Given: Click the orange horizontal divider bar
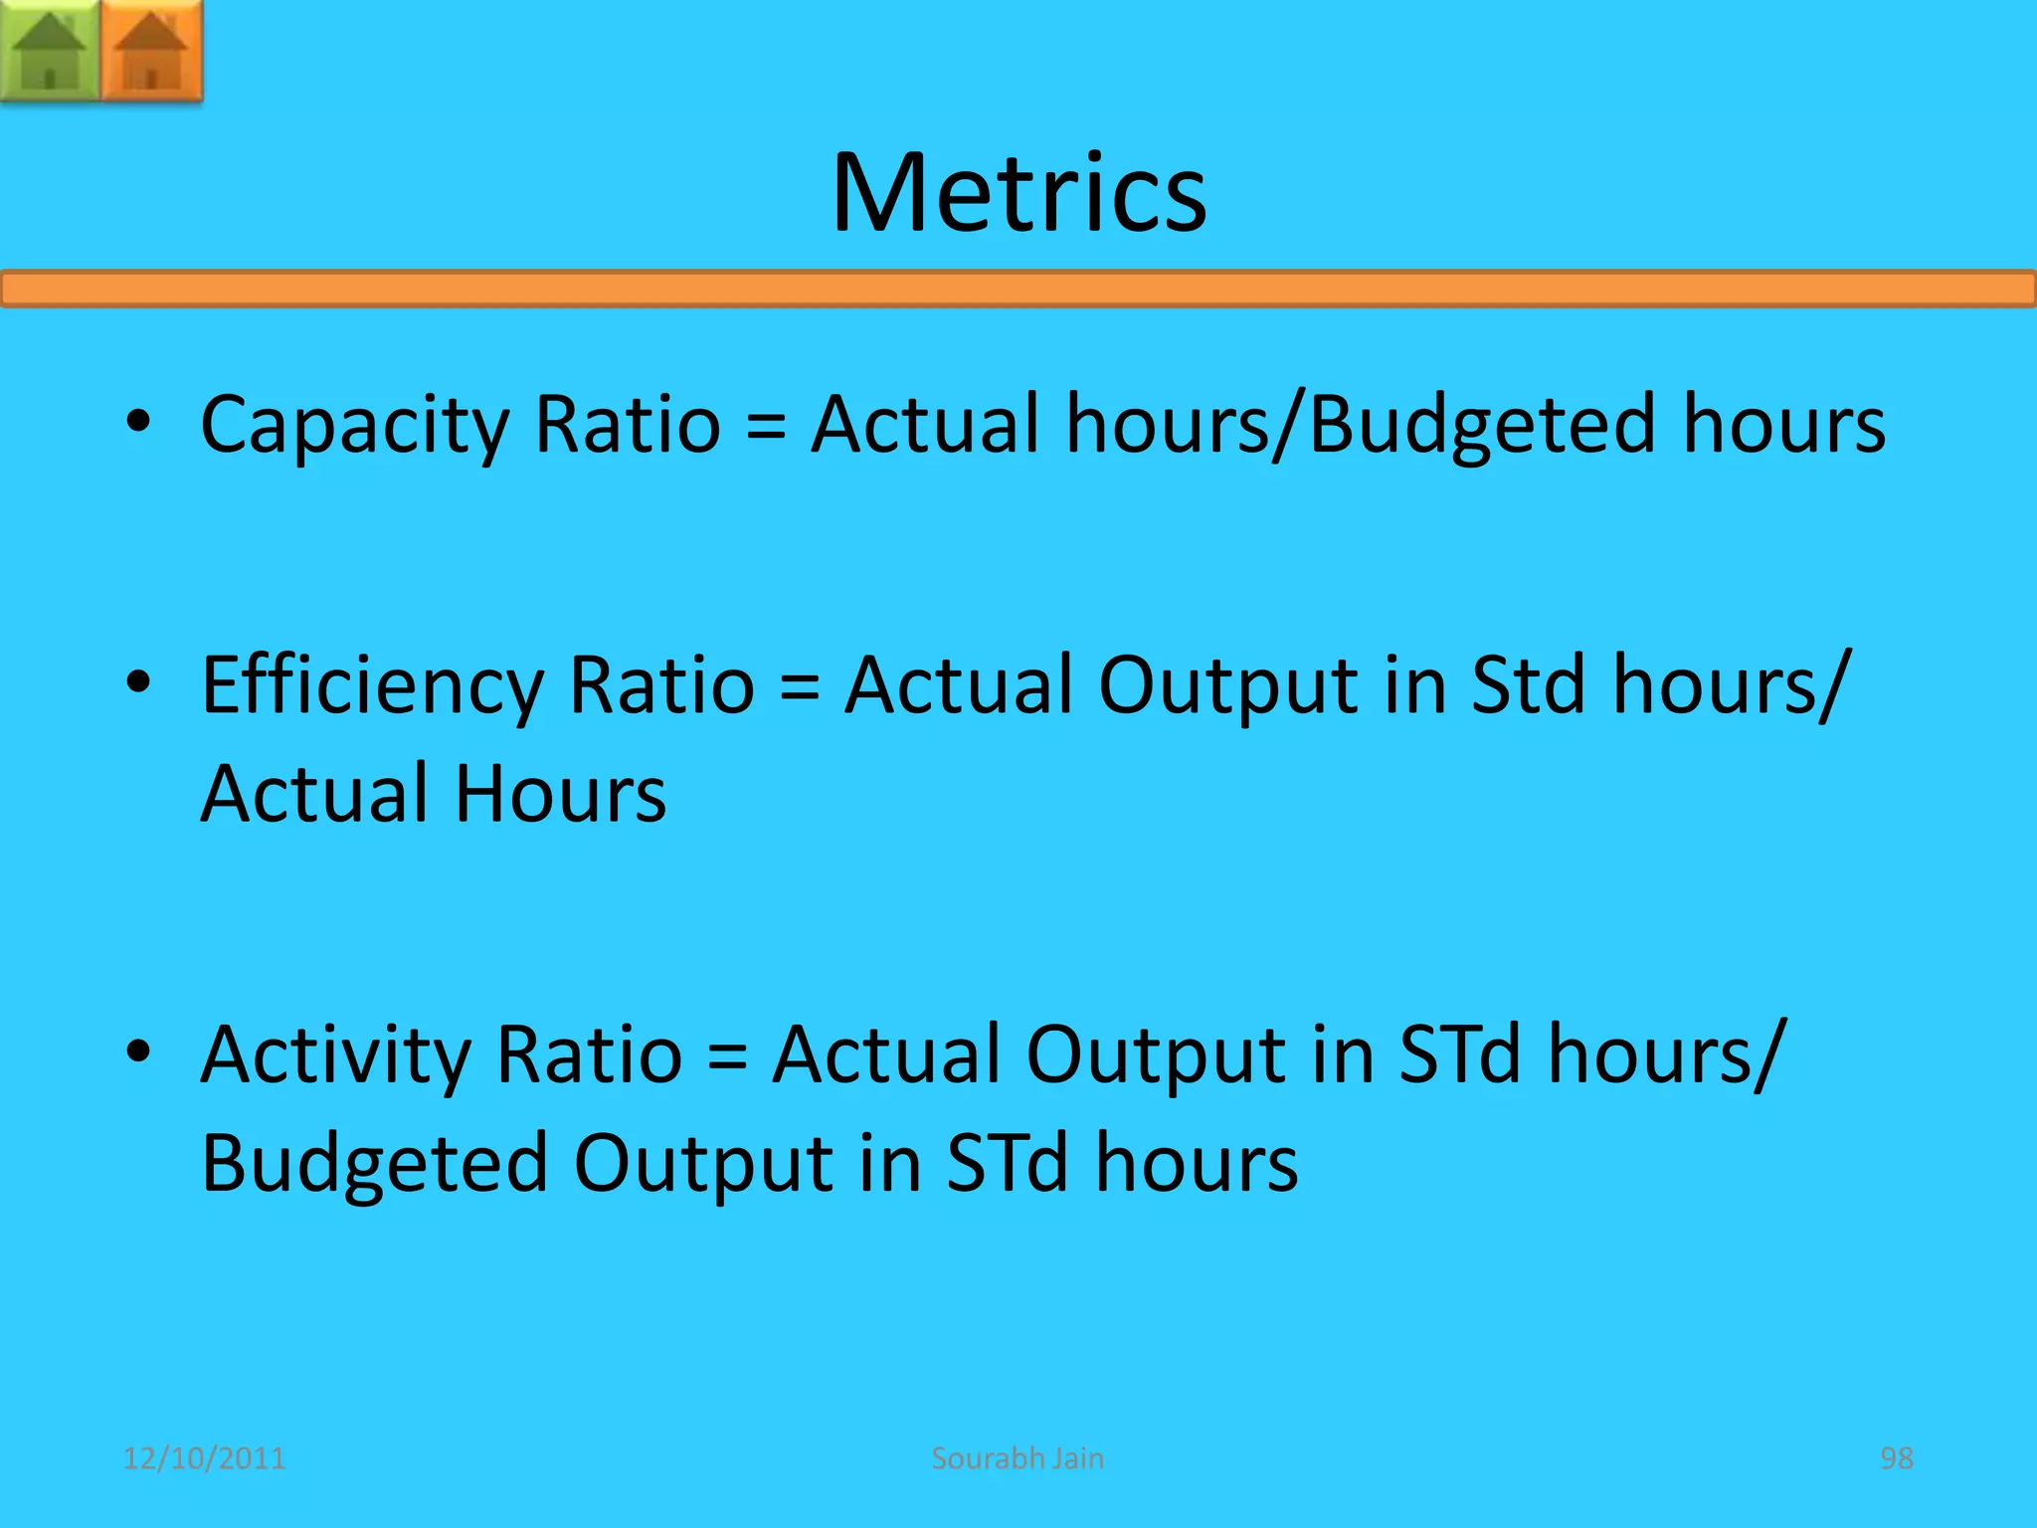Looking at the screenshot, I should click(x=1018, y=288).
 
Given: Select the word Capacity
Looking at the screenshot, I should click(x=354, y=426).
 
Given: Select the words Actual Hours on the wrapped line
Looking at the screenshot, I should click(x=434, y=794).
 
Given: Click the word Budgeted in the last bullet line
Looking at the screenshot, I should click(x=374, y=1164).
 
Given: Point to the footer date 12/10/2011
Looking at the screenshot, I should click(x=204, y=1458).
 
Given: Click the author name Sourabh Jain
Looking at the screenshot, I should click(x=1018, y=1458).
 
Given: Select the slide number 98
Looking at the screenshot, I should click(x=1896, y=1458).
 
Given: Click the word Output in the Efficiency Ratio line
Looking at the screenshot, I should click(x=1227, y=686).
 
